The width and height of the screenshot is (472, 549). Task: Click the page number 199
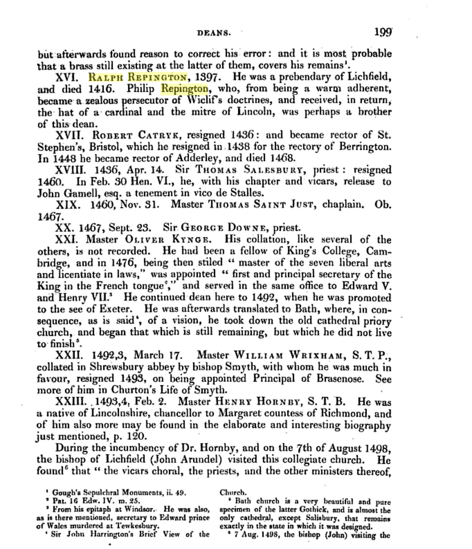click(383, 32)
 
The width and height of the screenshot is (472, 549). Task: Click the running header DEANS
click(214, 33)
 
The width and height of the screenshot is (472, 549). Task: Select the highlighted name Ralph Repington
click(138, 76)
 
